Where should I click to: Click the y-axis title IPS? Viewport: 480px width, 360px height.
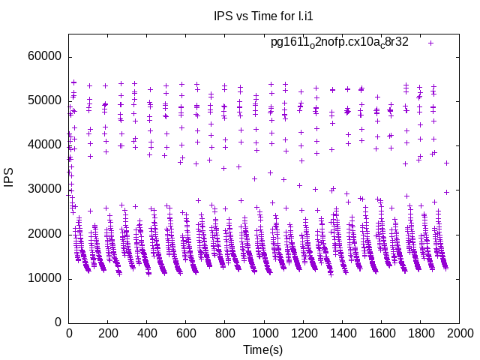tap(10, 178)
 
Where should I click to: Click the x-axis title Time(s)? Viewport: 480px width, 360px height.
tap(262, 349)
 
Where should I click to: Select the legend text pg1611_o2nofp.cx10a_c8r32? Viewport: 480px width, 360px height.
tap(340, 42)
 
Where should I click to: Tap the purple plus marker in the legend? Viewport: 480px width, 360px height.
tap(430, 43)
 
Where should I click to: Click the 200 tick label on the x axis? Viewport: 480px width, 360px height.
tap(108, 334)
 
